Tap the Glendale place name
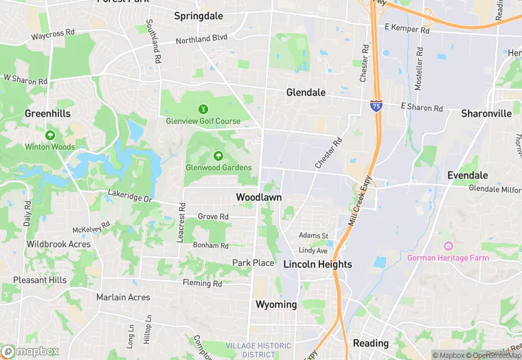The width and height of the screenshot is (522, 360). (x=306, y=92)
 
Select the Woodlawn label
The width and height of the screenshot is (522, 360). (x=259, y=197)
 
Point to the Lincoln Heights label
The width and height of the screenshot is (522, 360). (x=317, y=265)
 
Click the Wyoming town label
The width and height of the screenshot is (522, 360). (x=276, y=304)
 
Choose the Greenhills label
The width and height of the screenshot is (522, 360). (x=47, y=113)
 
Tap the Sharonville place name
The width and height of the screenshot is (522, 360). (x=486, y=113)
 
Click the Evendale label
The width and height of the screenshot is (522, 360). (x=468, y=175)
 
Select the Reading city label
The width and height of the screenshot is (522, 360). (x=370, y=343)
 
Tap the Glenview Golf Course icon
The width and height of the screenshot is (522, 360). (x=203, y=109)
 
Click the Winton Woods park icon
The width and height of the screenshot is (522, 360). (x=49, y=135)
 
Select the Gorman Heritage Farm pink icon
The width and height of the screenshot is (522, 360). (x=449, y=247)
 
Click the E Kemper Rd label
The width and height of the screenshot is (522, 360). (x=407, y=30)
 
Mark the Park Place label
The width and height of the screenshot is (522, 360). (x=253, y=263)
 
